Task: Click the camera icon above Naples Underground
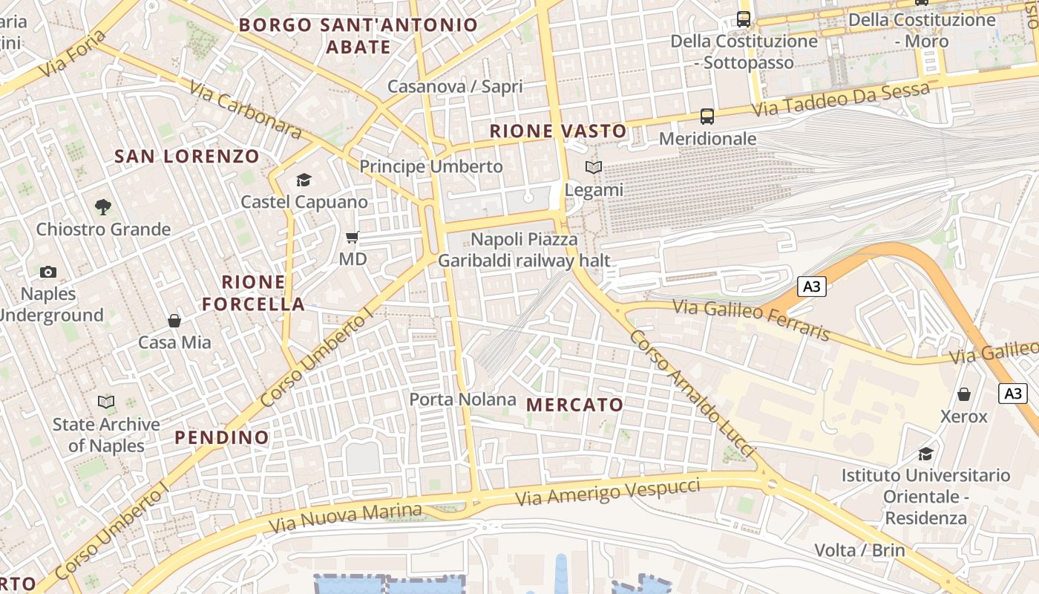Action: pyautogui.click(x=48, y=272)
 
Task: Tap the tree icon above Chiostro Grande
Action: pyautogui.click(x=103, y=207)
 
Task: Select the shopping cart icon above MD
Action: pyautogui.click(x=353, y=238)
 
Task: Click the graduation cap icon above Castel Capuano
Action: pyautogui.click(x=304, y=180)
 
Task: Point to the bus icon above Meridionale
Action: pyautogui.click(x=707, y=117)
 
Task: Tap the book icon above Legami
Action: pyautogui.click(x=594, y=168)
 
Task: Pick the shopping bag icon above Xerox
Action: pyautogui.click(x=963, y=394)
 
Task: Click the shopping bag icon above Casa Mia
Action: pyautogui.click(x=174, y=321)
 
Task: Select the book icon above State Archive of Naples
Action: pyautogui.click(x=106, y=402)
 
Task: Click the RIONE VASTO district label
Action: pyautogui.click(x=558, y=131)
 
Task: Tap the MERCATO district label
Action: pyautogui.click(x=575, y=405)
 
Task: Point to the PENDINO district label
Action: pyautogui.click(x=222, y=437)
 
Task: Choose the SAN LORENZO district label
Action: pyautogui.click(x=187, y=157)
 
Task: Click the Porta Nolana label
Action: pyautogui.click(x=462, y=399)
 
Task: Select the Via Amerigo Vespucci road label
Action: pyautogui.click(x=608, y=492)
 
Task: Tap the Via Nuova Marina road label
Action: pyautogui.click(x=345, y=518)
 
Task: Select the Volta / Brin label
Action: pyautogui.click(x=859, y=550)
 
